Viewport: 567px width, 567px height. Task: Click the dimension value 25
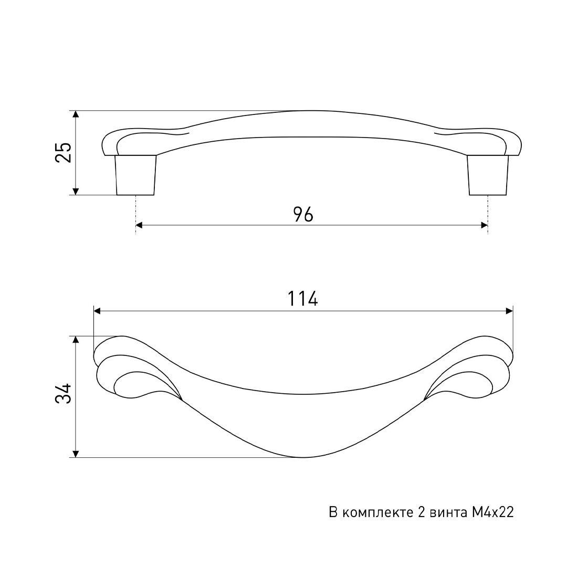click(64, 152)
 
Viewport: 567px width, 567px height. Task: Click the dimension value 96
click(303, 214)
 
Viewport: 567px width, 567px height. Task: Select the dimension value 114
click(303, 299)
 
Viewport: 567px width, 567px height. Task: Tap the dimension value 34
click(64, 393)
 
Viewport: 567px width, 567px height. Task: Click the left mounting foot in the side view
click(135, 175)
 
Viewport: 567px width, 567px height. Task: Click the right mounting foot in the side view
click(487, 175)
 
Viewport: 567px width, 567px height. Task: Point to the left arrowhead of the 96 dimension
click(139, 225)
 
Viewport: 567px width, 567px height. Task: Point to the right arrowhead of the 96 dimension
click(485, 225)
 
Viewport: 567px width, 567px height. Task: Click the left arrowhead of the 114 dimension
click(97, 311)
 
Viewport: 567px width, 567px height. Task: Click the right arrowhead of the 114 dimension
click(509, 311)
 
